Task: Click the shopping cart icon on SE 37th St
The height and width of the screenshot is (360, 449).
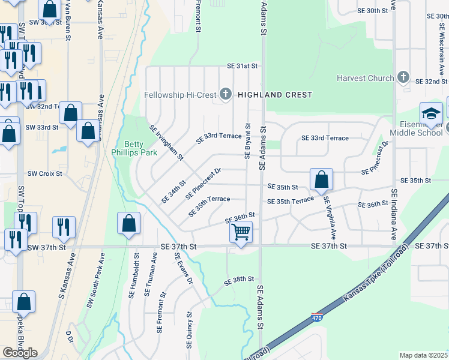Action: click(x=241, y=231)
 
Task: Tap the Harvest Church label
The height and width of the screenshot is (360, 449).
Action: click(x=365, y=78)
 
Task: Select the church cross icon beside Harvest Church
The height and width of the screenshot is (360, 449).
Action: click(x=403, y=78)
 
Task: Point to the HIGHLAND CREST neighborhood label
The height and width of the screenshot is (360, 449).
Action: click(x=275, y=95)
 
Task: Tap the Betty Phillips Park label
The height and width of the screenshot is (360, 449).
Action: click(x=140, y=148)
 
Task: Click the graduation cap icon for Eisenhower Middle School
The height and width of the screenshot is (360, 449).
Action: click(x=431, y=112)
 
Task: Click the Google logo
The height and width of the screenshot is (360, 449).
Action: click(x=20, y=352)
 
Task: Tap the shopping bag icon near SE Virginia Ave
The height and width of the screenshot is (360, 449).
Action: click(x=322, y=178)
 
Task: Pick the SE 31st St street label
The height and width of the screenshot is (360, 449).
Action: click(x=242, y=65)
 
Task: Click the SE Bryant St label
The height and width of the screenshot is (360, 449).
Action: click(x=247, y=141)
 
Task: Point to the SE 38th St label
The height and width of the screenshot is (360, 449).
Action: click(x=240, y=280)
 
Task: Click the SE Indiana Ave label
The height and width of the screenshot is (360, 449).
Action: click(x=394, y=214)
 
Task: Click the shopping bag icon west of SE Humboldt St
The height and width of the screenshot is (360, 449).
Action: click(x=129, y=224)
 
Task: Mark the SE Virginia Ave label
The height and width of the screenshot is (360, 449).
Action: click(x=330, y=214)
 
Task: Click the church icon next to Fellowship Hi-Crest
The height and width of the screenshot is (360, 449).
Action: click(x=226, y=94)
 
